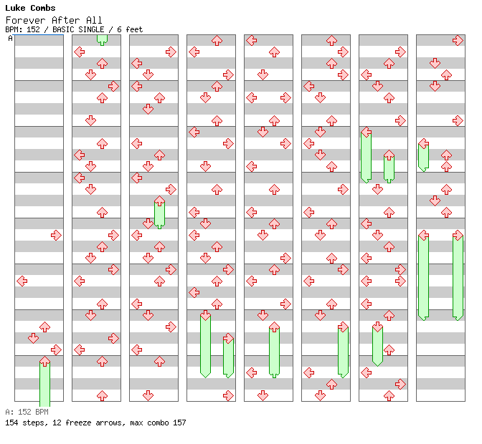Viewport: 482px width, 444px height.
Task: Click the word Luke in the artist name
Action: coord(14,8)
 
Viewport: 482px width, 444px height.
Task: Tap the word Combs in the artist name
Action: coord(43,8)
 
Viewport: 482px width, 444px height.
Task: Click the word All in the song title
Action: coord(95,20)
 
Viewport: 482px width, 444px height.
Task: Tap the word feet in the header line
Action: coord(134,30)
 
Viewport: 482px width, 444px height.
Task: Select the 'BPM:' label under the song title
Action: coord(13,30)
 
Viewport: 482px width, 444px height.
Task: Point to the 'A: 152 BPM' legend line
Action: coord(27,412)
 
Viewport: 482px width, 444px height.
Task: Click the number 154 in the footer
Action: coord(11,423)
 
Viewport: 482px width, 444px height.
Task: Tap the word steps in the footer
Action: coord(32,423)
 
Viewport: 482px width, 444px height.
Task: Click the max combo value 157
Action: coord(179,423)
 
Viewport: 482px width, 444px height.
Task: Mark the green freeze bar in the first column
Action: coord(44,383)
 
